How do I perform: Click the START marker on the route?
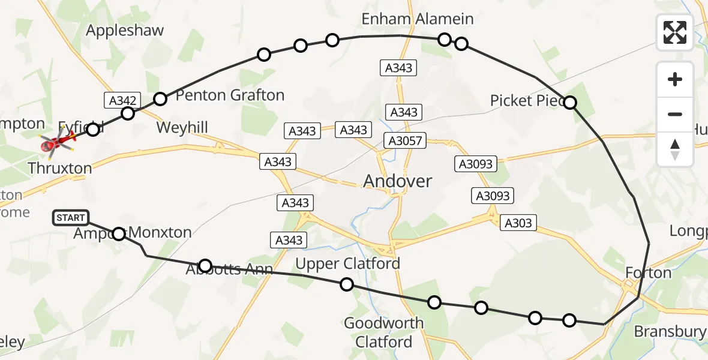[71, 218]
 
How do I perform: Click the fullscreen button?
[675, 32]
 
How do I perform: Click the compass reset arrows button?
[675, 149]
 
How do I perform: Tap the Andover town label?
[398, 181]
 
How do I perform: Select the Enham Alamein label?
[417, 19]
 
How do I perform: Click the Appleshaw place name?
[125, 31]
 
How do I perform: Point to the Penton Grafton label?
[230, 95]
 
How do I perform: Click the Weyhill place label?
[182, 127]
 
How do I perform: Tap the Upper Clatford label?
[347, 263]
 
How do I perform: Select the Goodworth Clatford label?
[383, 332]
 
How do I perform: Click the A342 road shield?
[122, 101]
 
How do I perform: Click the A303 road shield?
[517, 223]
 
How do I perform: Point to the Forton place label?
[648, 273]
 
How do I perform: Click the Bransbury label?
[670, 331]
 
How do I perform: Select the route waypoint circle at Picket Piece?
[570, 103]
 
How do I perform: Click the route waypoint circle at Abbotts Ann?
[205, 266]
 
